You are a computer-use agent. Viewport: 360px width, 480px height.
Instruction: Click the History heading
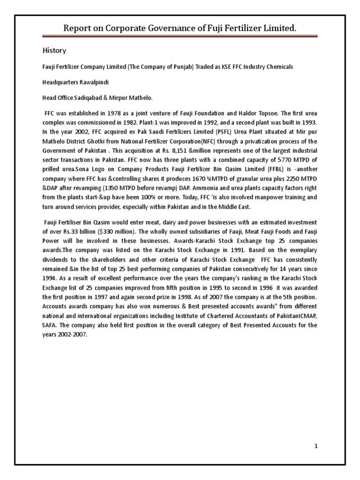click(55, 50)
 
